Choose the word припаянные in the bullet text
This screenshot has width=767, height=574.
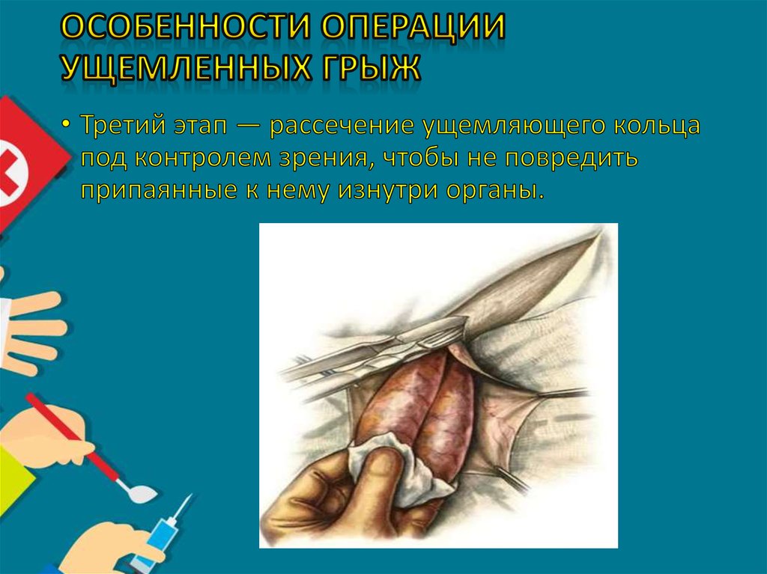click(151, 191)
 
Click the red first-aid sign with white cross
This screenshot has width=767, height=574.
click(26, 161)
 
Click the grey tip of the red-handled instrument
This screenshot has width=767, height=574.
click(142, 493)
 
